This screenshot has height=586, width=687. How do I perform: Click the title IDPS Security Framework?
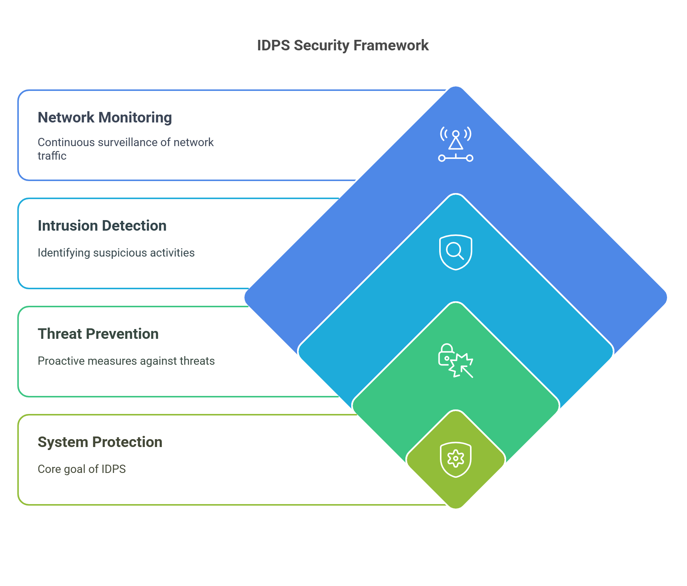[x=343, y=45]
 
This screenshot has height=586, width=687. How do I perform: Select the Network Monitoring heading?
[x=105, y=118]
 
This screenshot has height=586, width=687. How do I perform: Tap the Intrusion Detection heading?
[x=102, y=226]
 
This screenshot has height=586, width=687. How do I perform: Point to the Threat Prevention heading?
[x=98, y=334]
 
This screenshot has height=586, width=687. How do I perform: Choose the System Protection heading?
[x=100, y=442]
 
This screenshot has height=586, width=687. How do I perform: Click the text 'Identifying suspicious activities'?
[x=116, y=253]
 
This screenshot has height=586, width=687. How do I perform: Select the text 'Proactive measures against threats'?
[x=126, y=361]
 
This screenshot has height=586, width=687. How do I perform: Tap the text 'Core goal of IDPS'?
[x=82, y=469]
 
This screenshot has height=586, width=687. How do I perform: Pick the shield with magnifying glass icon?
[x=456, y=252]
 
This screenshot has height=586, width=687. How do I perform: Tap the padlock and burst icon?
[x=456, y=361]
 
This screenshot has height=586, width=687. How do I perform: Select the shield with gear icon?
[x=456, y=459]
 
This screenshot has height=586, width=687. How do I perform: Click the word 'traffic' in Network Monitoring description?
[x=52, y=156]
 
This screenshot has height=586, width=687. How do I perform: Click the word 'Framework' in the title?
[x=391, y=45]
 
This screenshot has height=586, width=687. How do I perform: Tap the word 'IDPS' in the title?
[x=274, y=45]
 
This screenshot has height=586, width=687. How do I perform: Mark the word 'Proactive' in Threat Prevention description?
[x=61, y=361]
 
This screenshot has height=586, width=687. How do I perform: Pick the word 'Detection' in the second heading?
[x=134, y=226]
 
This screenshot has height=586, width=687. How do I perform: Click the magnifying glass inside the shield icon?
[x=455, y=251]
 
